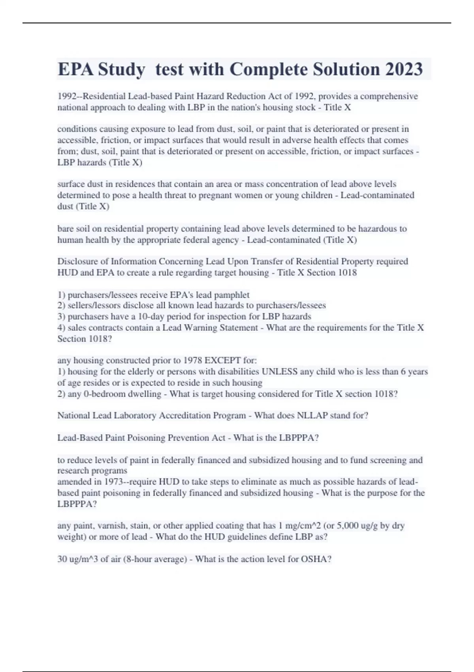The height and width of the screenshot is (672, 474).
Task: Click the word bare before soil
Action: pyautogui.click(x=66, y=228)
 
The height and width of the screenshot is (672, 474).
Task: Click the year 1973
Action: pyautogui.click(x=115, y=482)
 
